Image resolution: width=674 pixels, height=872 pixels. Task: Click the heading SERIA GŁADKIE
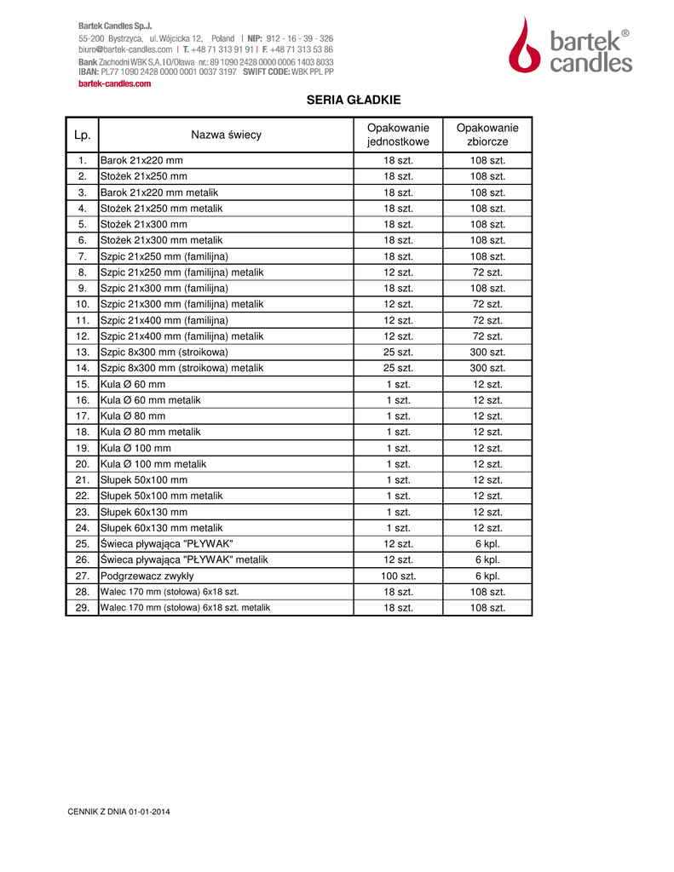tap(353, 100)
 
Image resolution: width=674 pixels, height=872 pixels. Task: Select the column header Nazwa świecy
tap(226, 135)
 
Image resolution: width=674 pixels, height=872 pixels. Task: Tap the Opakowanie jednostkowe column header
tap(398, 135)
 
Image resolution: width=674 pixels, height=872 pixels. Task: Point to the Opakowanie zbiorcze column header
tap(487, 135)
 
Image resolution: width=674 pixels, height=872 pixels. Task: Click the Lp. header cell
tap(83, 135)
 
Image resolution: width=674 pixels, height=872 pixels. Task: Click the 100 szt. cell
tap(398, 576)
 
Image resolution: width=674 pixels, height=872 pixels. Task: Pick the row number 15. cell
tap(83, 384)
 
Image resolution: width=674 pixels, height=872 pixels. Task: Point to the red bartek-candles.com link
tap(114, 83)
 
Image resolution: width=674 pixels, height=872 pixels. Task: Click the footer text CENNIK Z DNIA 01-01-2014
tap(118, 812)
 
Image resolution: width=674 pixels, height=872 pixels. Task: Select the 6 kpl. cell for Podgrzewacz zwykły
tap(487, 576)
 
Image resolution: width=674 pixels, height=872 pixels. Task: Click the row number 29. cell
tap(83, 608)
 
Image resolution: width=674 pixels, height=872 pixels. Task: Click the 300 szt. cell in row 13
tap(487, 352)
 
